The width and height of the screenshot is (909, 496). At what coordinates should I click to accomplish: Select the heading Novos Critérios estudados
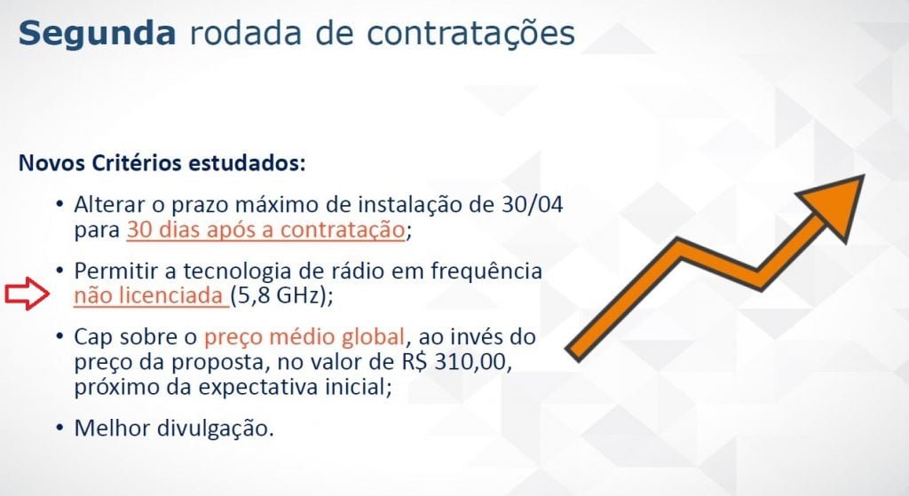point(162,163)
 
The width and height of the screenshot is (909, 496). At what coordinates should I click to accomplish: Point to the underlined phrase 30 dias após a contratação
point(265,230)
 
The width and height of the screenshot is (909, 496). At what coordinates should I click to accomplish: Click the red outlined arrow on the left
point(28,294)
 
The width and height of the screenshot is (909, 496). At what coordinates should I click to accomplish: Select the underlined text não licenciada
point(151,295)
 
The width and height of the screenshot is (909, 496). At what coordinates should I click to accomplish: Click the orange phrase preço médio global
point(304,337)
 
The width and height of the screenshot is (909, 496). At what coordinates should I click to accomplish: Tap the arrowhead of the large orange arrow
point(834,206)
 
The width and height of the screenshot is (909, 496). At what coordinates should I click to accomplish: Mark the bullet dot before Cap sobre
point(59,336)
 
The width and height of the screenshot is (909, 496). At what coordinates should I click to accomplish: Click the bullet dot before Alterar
point(59,205)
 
